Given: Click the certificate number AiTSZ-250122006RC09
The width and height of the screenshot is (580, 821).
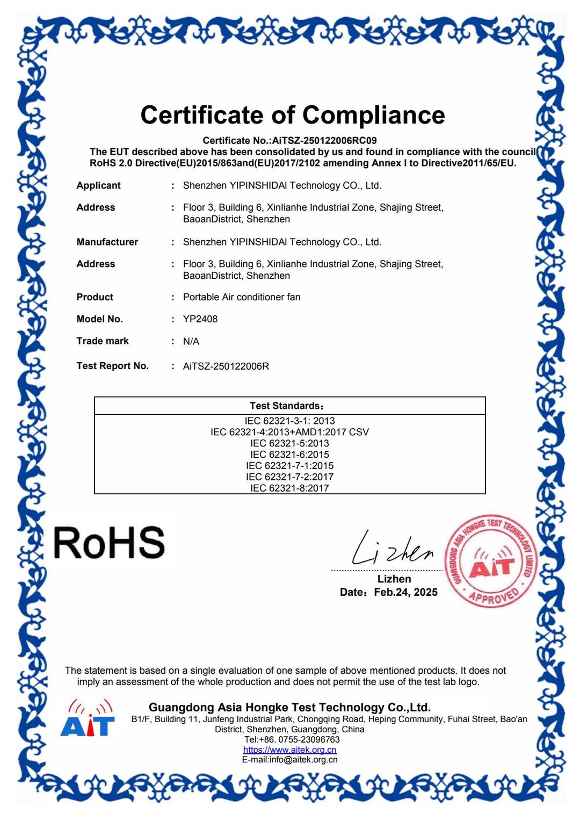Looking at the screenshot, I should pyautogui.click(x=324, y=141).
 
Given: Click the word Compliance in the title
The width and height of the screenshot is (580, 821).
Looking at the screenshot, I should pyautogui.click(x=373, y=115).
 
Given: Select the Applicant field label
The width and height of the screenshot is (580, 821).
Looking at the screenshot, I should pyautogui.click(x=98, y=185).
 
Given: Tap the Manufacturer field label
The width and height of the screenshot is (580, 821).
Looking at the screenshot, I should pyautogui.click(x=107, y=242).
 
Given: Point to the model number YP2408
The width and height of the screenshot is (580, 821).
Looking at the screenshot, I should pyautogui.click(x=200, y=319).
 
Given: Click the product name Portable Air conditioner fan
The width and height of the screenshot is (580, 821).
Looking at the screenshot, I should pyautogui.click(x=242, y=297).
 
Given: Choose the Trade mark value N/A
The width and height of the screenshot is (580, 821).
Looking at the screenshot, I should pyautogui.click(x=191, y=341).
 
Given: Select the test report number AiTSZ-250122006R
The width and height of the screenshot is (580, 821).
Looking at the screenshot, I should pyautogui.click(x=226, y=366).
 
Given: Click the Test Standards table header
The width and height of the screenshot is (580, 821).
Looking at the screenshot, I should pyautogui.click(x=287, y=406).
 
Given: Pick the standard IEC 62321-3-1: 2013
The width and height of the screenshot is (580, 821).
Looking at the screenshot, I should pyautogui.click(x=289, y=421).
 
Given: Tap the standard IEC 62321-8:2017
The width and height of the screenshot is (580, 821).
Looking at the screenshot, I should pyautogui.click(x=289, y=488).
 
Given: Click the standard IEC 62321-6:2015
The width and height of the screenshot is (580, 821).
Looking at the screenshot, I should pyautogui.click(x=289, y=455).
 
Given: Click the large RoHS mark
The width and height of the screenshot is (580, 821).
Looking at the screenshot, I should pyautogui.click(x=110, y=543).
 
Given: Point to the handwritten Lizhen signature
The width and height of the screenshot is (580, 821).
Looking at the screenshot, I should pyautogui.click(x=392, y=550).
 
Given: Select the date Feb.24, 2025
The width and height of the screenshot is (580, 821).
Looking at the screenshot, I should pyautogui.click(x=405, y=592).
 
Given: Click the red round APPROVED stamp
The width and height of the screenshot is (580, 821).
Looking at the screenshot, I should pyautogui.click(x=491, y=561).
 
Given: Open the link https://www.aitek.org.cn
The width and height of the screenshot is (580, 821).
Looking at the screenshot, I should pyautogui.click(x=289, y=750).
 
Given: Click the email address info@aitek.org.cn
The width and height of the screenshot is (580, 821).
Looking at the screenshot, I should pyautogui.click(x=303, y=760).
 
